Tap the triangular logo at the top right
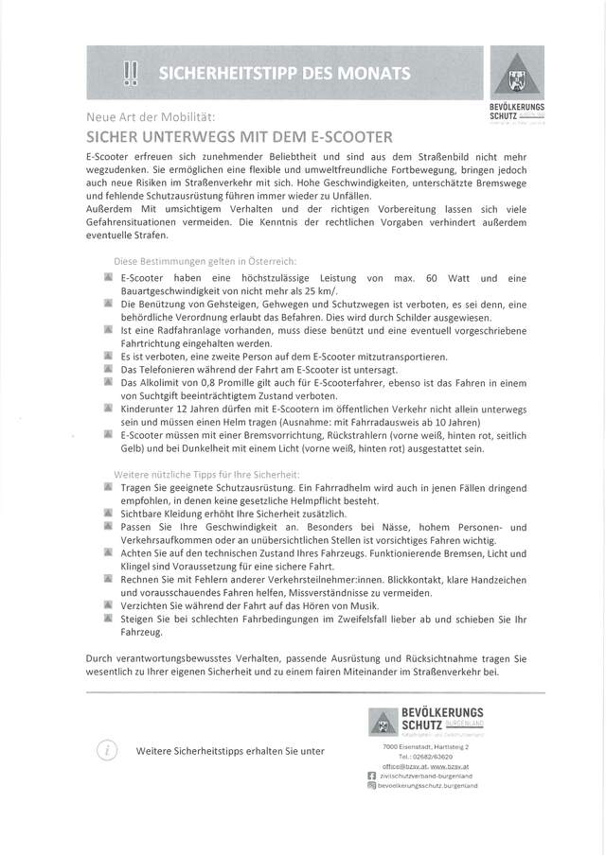click(524, 75)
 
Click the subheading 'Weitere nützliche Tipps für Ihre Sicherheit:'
click(206, 472)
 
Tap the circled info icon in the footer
click(106, 750)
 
